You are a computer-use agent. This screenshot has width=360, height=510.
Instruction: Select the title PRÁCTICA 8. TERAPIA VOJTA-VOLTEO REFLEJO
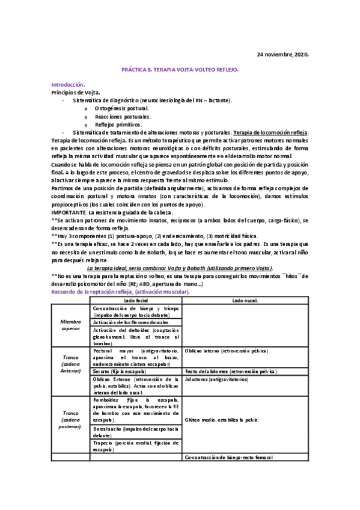point(180,70)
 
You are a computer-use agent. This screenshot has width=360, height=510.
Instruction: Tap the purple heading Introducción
point(68,85)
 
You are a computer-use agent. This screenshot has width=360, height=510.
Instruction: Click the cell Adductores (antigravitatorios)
point(218,379)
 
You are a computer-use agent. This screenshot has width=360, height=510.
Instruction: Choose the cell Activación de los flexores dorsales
point(132,322)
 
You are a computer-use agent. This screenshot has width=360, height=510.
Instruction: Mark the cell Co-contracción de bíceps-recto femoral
point(230,457)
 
